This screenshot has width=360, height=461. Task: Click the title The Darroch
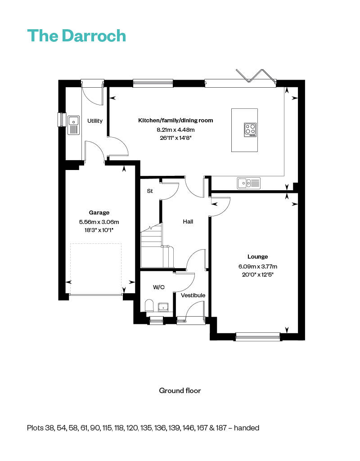click(x=76, y=35)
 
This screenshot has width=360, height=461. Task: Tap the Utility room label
click(x=95, y=121)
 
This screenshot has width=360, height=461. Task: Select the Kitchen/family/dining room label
click(x=175, y=121)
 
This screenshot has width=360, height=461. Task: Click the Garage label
click(x=99, y=213)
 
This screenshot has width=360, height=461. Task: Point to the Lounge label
click(x=258, y=257)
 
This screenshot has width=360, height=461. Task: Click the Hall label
click(x=188, y=222)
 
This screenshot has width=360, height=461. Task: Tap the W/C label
click(x=158, y=286)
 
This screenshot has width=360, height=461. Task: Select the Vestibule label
click(x=193, y=295)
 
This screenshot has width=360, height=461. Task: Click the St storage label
click(x=150, y=191)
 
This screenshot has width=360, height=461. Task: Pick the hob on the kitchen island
click(x=250, y=130)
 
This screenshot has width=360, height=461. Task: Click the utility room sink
click(x=73, y=125)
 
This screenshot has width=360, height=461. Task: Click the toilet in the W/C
click(x=150, y=307)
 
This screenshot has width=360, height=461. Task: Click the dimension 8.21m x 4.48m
click(x=175, y=130)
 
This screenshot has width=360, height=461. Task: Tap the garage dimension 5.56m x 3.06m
click(x=99, y=222)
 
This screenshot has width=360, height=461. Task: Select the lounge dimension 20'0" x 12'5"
click(x=258, y=274)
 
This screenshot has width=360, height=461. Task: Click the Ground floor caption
click(x=180, y=390)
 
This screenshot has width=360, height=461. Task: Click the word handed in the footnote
click(x=247, y=428)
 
